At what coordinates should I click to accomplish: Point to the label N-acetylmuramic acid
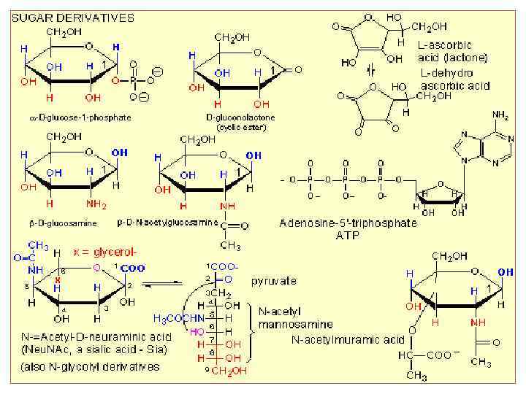pos(348,339)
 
